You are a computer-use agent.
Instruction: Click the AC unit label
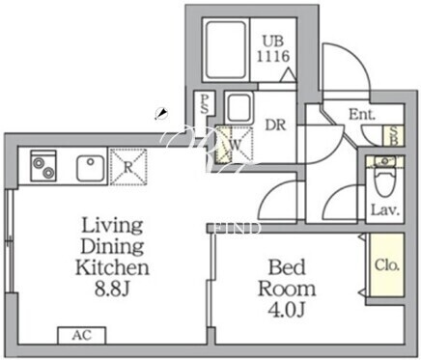point(82,336)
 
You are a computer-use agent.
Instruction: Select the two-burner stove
point(43,165)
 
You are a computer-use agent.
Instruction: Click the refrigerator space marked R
point(128,167)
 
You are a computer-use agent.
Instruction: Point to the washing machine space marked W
point(234,145)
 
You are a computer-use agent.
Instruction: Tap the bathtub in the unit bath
point(226,50)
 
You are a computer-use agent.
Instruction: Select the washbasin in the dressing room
point(239,108)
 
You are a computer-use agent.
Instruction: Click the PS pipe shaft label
point(204,104)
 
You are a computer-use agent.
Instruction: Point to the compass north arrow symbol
point(161,114)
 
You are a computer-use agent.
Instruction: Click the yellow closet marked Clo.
point(387,265)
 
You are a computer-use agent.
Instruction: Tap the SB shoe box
point(393,136)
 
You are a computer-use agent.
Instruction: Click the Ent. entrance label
point(362,114)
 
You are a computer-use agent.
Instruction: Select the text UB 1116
point(273,49)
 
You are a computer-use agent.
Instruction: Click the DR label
point(275,125)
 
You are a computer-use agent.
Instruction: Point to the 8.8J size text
point(112,289)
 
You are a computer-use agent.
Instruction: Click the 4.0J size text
point(287,310)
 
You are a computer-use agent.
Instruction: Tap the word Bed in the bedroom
point(287,267)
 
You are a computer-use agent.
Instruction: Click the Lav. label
point(385,210)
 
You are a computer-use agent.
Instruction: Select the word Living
point(112,226)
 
